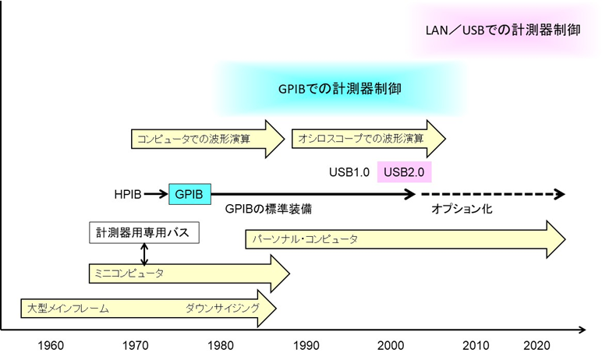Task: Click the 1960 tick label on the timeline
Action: [51, 345]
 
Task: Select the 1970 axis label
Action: [136, 345]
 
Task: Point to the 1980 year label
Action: [222, 345]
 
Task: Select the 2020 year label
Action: [539, 345]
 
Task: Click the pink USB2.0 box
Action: [404, 171]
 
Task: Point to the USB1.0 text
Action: [349, 171]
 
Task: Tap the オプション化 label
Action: [462, 209]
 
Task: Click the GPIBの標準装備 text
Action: [262, 209]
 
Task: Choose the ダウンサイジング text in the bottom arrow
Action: [222, 309]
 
